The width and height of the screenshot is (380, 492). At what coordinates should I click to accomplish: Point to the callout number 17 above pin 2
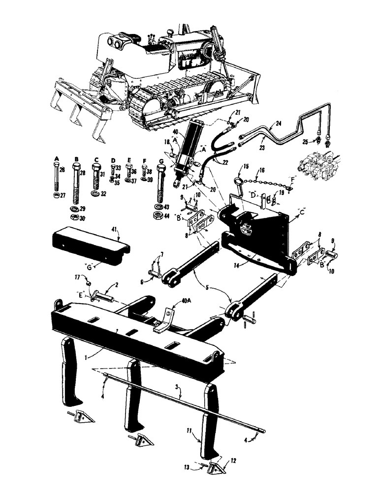click(x=83, y=278)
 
